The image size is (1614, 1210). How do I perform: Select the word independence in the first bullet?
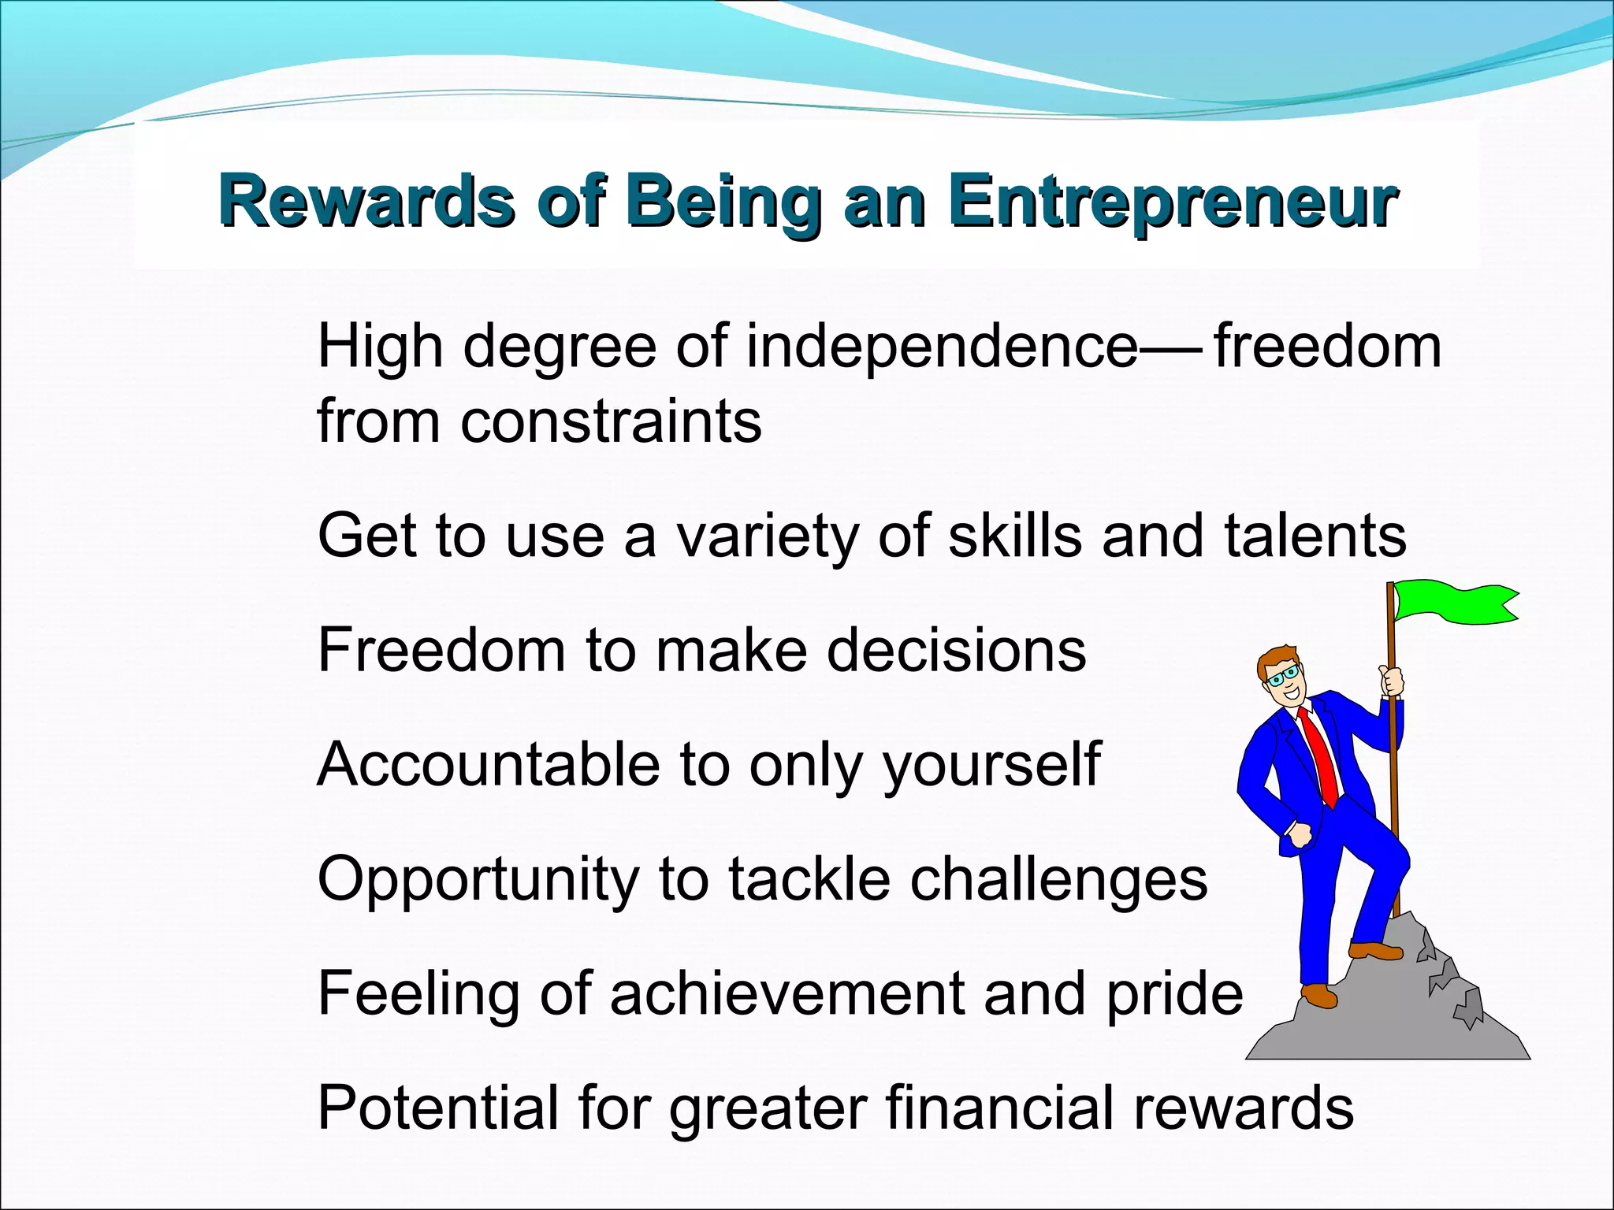click(x=942, y=347)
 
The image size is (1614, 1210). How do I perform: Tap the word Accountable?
click(x=489, y=764)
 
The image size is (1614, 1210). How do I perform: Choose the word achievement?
click(x=787, y=993)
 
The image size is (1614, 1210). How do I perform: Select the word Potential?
click(x=438, y=1108)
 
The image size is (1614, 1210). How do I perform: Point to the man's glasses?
click(x=1283, y=676)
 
